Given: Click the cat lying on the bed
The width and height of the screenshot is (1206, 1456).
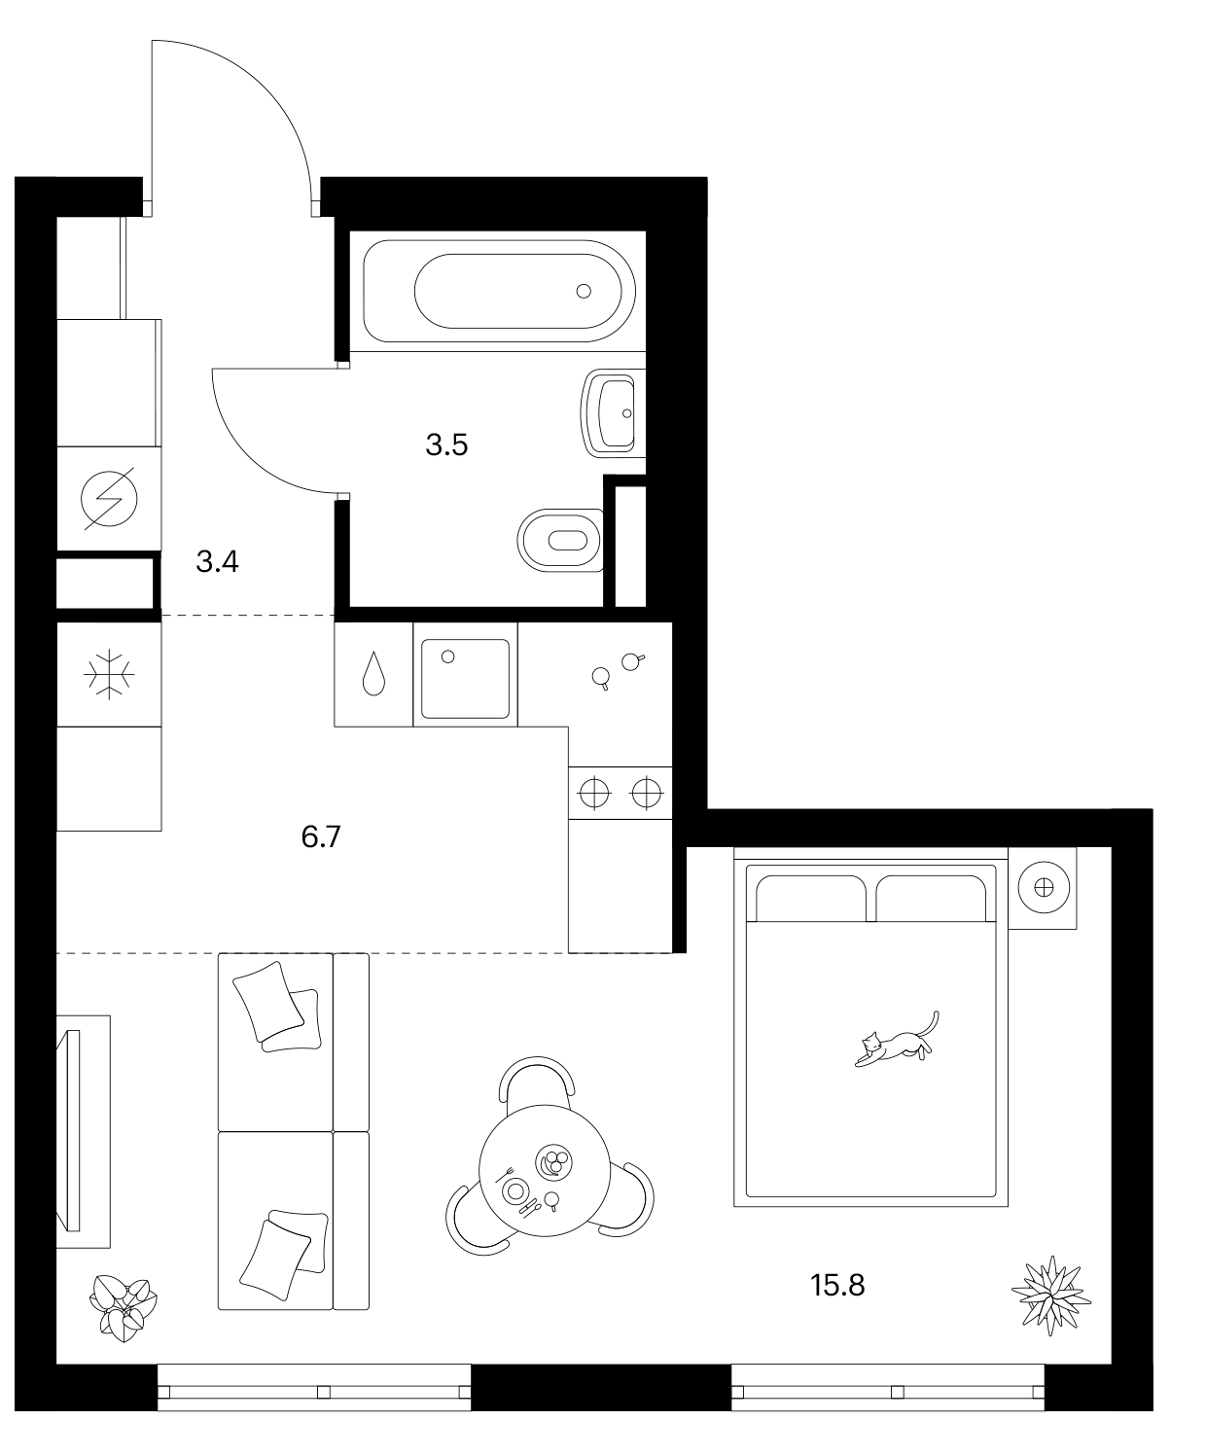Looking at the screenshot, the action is click(x=897, y=1044).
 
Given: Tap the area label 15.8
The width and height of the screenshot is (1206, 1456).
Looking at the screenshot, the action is click(x=837, y=1285).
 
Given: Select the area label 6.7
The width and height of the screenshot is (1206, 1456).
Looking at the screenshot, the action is click(x=321, y=836).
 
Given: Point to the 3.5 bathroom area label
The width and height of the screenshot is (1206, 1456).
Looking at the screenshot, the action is click(x=446, y=444).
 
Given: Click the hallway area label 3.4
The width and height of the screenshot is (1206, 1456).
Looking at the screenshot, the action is click(x=217, y=561).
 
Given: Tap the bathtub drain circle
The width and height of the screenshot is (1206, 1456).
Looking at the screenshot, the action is click(x=584, y=292).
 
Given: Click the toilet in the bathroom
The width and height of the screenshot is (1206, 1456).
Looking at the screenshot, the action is click(x=560, y=541).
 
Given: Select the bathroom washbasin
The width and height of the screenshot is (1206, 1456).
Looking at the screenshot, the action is click(x=613, y=413).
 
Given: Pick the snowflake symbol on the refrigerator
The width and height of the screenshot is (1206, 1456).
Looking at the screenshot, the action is click(x=109, y=674).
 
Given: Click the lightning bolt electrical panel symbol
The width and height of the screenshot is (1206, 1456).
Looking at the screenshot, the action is click(x=109, y=499).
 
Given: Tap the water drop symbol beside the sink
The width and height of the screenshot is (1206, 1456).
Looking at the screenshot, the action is click(x=373, y=674).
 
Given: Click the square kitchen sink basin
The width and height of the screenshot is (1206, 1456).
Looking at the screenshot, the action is click(x=465, y=679).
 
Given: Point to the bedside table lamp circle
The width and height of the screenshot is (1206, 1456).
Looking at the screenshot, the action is click(x=1044, y=888).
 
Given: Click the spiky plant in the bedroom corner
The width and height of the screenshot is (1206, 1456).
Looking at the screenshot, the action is click(x=1051, y=1296).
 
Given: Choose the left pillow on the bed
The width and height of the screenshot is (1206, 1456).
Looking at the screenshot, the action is click(x=810, y=899).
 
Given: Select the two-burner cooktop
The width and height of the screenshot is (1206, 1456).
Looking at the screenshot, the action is click(x=621, y=793).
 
